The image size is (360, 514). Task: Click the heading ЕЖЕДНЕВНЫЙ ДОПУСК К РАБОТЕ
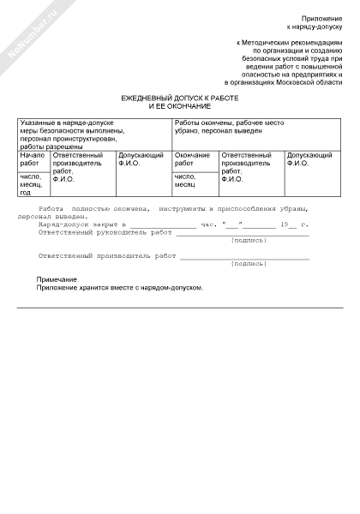(x=179, y=99)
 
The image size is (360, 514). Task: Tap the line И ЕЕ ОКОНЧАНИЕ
(x=179, y=106)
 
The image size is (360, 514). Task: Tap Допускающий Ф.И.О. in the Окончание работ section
(x=309, y=158)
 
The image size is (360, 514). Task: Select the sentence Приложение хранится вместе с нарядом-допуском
(x=120, y=288)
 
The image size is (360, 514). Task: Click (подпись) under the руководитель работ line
(x=249, y=241)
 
